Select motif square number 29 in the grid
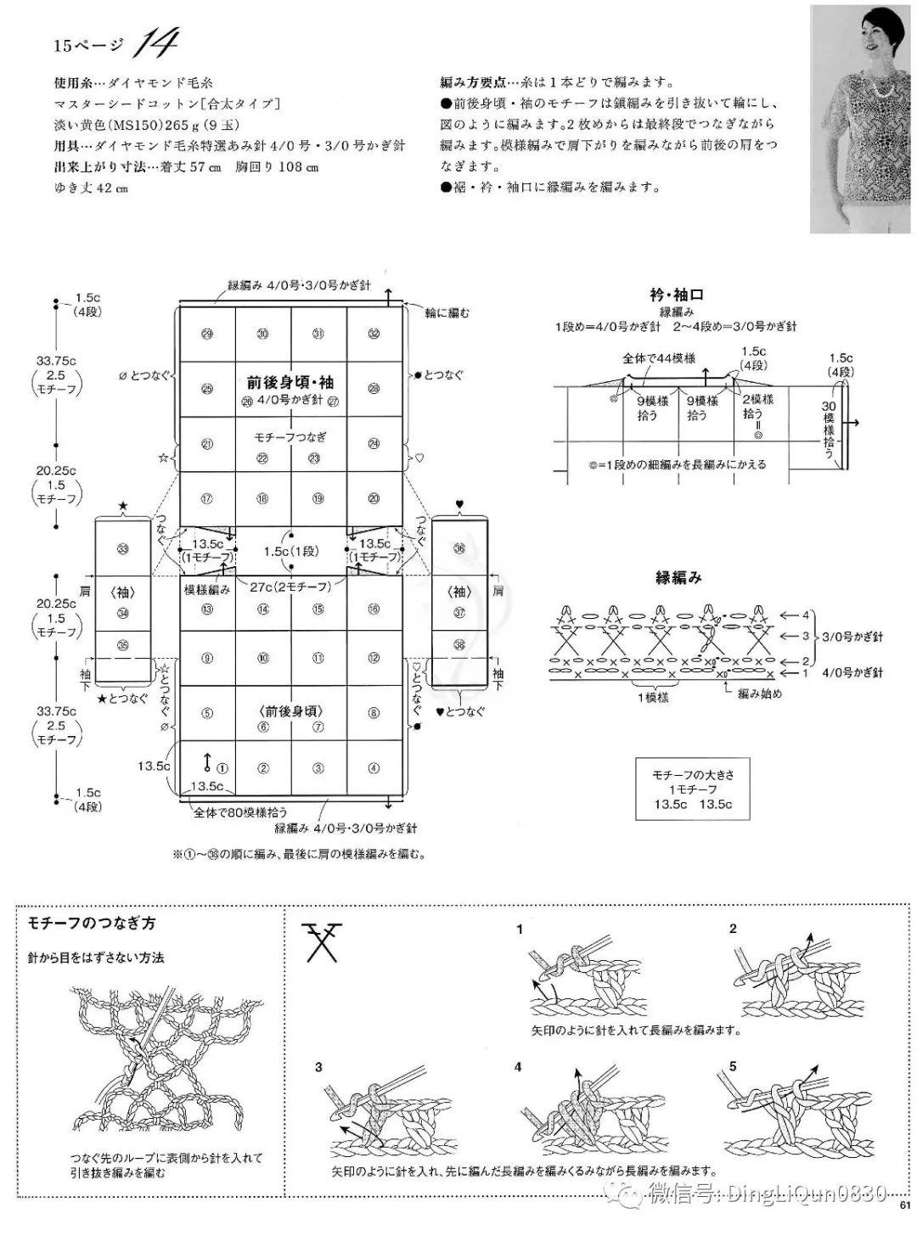[x=207, y=334]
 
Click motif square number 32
[x=374, y=334]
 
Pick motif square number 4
[x=374, y=768]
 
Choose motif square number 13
[x=207, y=609]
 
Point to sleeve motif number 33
[x=123, y=550]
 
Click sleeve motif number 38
[x=459, y=644]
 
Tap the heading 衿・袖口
[x=676, y=295]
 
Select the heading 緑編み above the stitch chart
[x=678, y=578]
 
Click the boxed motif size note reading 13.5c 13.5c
[x=693, y=789]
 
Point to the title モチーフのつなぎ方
[x=91, y=923]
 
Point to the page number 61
[x=904, y=1226]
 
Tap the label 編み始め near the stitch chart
[x=759, y=694]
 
